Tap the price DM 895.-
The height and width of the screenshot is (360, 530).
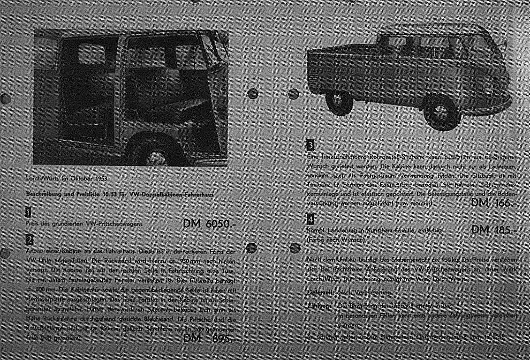pos(210,339)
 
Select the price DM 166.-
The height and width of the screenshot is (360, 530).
pos(494,203)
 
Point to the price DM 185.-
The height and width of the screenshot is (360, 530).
pos(494,230)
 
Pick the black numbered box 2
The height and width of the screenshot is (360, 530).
pos(30,239)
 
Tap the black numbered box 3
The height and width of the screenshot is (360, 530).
pos(311,144)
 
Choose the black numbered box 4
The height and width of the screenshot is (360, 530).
pos(311,219)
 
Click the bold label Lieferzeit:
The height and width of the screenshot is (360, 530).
pos(321,292)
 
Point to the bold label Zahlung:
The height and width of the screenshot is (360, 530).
pos(319,305)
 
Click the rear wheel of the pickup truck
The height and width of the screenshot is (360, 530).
pos(339,101)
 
